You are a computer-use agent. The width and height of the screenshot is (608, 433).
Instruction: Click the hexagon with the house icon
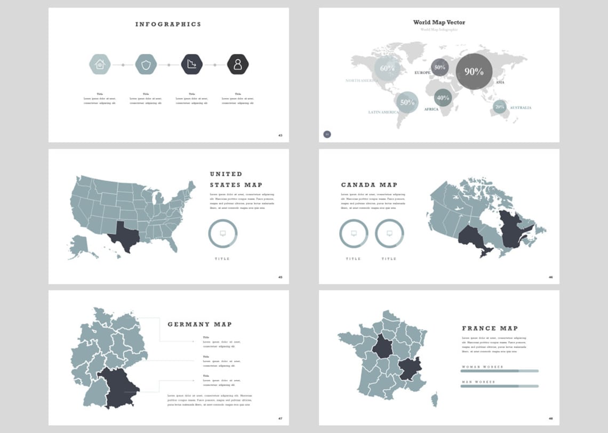[100, 65]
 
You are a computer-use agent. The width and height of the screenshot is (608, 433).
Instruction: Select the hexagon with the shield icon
[146, 65]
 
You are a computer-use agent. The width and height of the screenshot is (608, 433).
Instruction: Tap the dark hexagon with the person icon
[238, 65]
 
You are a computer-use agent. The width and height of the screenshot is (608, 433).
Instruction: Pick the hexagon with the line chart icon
[192, 65]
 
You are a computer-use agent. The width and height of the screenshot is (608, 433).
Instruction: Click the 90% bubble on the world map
[474, 71]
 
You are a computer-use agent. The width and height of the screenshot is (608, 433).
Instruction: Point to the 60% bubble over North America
[387, 68]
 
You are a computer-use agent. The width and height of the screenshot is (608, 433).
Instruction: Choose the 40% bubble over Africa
[443, 98]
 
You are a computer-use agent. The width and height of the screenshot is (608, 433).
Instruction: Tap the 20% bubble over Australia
[500, 107]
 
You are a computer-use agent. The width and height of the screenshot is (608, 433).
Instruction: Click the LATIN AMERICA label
[383, 113]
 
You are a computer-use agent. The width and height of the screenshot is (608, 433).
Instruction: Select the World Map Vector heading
[439, 22]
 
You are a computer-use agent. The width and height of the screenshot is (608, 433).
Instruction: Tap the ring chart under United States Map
[222, 233]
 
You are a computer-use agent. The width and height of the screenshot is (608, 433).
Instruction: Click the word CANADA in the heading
[357, 185]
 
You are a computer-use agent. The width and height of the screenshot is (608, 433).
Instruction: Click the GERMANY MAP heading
[199, 324]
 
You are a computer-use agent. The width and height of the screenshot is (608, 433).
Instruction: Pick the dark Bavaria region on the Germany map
[122, 387]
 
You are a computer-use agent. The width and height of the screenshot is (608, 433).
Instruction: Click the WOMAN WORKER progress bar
[500, 371]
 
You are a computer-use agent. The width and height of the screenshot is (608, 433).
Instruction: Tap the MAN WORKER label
[478, 382]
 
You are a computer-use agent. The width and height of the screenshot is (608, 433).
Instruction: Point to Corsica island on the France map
[435, 399]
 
